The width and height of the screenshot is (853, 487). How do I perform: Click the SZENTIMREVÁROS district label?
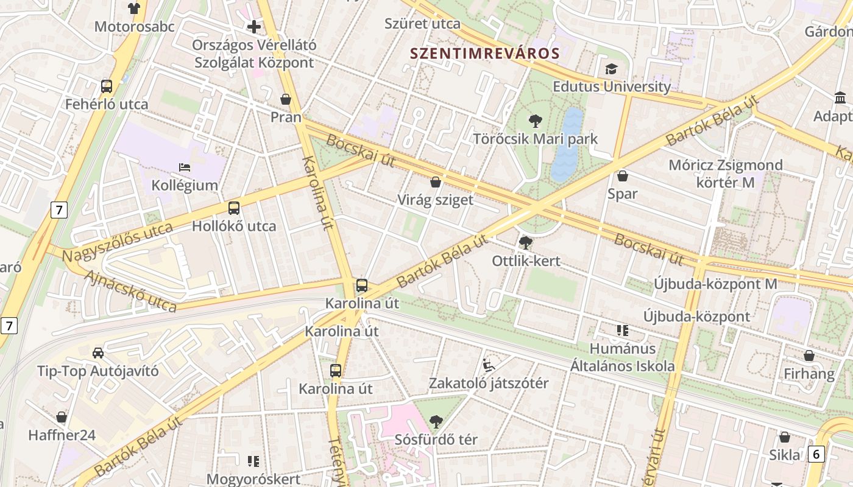[x=484, y=53]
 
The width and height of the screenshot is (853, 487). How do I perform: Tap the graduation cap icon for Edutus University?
[x=611, y=69]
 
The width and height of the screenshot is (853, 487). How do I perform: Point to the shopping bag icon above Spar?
[x=623, y=177]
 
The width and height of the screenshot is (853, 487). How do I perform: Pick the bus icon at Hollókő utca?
[x=234, y=208]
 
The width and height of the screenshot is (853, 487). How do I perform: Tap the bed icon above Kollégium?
[x=185, y=167]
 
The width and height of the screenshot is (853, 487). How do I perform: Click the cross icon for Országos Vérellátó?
[x=254, y=27]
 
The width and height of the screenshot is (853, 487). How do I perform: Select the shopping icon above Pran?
[x=286, y=99]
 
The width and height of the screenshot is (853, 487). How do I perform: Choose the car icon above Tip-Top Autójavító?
[x=97, y=353]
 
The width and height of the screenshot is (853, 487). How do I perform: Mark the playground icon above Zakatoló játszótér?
[x=489, y=365]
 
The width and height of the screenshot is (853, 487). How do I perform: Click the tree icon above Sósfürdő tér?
[x=436, y=421]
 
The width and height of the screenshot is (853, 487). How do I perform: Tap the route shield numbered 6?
[x=816, y=454]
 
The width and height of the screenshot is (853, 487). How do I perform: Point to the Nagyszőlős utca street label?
[x=118, y=242]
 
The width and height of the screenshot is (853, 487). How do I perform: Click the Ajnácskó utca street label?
[x=130, y=290]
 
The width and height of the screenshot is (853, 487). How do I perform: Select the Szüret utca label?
[x=422, y=24]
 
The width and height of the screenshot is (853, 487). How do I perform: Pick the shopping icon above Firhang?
[x=809, y=356]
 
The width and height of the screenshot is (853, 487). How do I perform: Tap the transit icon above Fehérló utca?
[x=107, y=86]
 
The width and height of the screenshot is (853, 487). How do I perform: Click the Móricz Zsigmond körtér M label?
[x=725, y=173]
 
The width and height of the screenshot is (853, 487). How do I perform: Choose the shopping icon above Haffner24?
[x=62, y=418]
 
